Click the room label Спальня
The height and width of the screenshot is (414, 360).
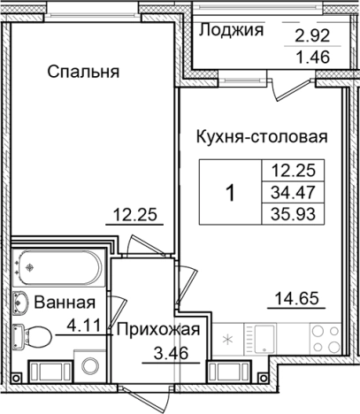(83, 71)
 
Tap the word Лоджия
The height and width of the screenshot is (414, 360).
(232, 31)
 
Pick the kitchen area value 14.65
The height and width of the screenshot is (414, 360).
(295, 296)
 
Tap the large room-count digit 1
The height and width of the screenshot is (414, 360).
(231, 191)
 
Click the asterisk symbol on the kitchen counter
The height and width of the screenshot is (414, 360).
(228, 339)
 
